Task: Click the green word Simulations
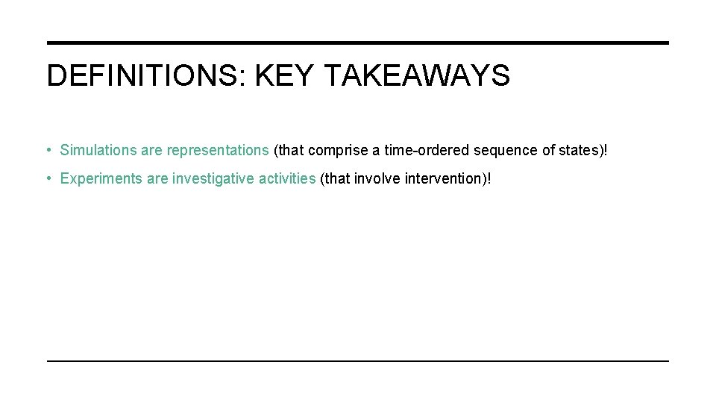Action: [98, 150]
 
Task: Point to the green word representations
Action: [218, 150]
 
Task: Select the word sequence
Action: [506, 150]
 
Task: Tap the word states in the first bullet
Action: [579, 150]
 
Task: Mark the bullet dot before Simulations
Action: [48, 150]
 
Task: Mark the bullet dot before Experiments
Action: [48, 179]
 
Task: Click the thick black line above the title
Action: [358, 43]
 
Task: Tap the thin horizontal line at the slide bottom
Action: [358, 361]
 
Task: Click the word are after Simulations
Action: [151, 150]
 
